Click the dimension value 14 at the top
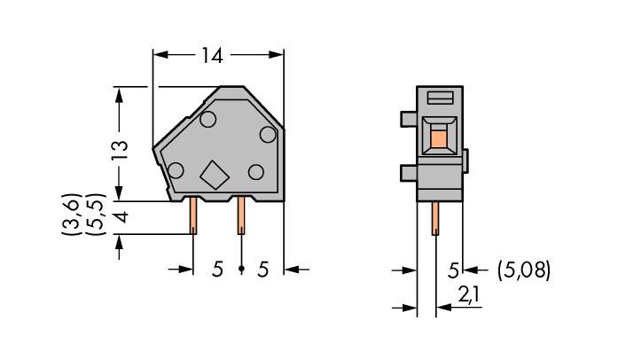[211, 56]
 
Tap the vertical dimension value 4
[121, 217]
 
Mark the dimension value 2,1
[466, 293]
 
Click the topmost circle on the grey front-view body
[208, 119]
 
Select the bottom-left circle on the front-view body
[176, 170]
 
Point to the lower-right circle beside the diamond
[257, 171]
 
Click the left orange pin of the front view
[193, 217]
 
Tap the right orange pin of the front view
[239, 217]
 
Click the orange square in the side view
[438, 136]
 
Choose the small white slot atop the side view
[441, 97]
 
